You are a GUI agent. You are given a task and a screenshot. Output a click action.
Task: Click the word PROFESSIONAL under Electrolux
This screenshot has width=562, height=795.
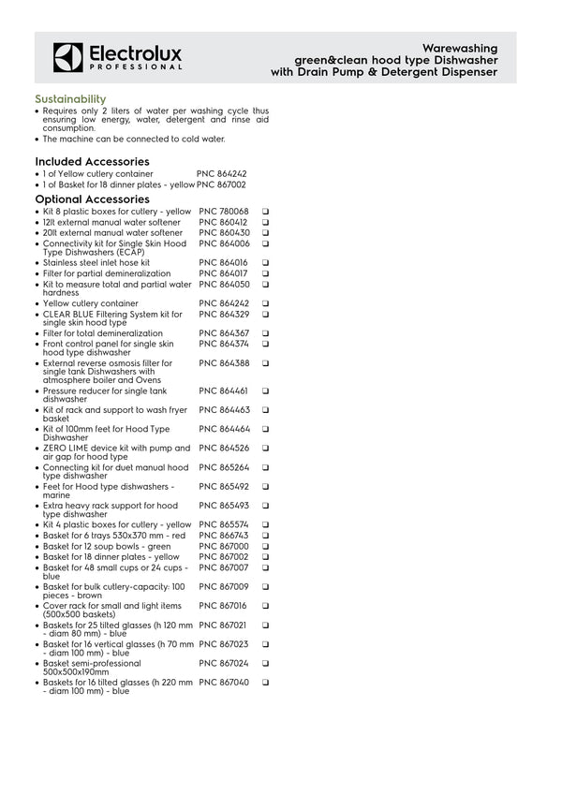(x=136, y=68)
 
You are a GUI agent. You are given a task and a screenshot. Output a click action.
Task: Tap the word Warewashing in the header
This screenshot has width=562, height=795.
(x=460, y=47)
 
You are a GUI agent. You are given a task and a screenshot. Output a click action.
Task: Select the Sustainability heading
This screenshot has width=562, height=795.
(x=70, y=98)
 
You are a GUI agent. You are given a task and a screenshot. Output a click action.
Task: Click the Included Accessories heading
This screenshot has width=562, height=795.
(x=92, y=161)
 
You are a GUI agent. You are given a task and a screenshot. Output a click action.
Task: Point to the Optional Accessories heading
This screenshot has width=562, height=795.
(x=92, y=199)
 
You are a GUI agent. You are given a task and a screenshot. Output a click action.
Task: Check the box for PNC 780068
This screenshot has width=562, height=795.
(x=266, y=212)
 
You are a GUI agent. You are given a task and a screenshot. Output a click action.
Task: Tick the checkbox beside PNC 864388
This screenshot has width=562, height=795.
(x=266, y=362)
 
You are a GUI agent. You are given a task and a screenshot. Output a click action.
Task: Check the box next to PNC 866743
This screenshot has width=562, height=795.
(x=266, y=535)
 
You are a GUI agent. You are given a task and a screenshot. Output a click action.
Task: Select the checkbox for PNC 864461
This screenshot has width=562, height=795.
(x=266, y=390)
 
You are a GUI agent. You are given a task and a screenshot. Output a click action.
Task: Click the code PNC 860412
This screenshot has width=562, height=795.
(x=224, y=222)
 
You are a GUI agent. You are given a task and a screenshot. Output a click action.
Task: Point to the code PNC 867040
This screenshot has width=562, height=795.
(x=224, y=683)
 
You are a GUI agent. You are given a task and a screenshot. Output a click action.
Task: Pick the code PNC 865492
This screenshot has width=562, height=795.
(x=224, y=486)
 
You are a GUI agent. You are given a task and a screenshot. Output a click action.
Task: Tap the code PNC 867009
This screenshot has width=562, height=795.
(x=224, y=586)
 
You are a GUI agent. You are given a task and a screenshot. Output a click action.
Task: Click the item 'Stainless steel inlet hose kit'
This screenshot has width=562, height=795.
(x=96, y=263)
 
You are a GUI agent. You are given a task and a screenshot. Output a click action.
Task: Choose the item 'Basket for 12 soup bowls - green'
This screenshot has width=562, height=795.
(x=107, y=546)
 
